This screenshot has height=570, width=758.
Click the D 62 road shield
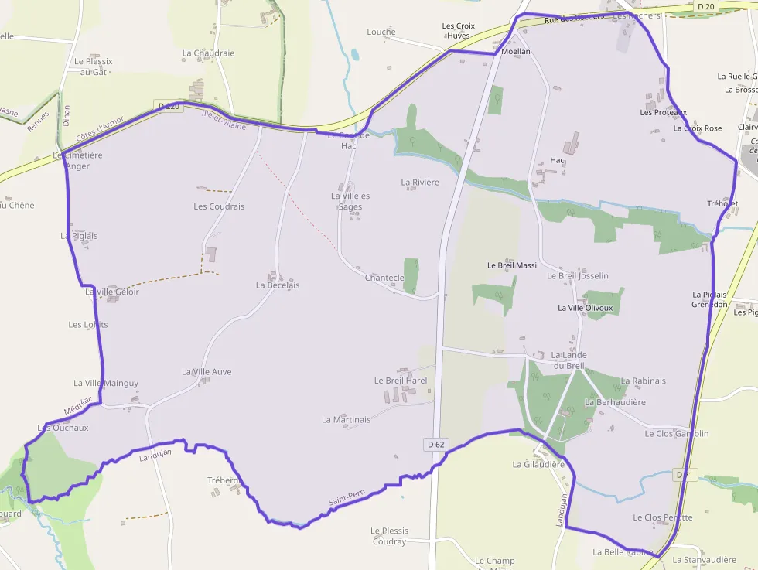pos(436,445)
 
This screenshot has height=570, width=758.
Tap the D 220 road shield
pos(169,106)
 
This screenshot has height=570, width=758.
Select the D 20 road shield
pos(705,7)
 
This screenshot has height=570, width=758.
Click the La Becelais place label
pos(278,285)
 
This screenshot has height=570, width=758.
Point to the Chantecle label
pos(384,278)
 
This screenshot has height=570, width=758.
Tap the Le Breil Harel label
pos(401,381)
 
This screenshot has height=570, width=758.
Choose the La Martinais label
pos(346,419)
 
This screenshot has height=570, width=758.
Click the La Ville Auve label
pos(207,372)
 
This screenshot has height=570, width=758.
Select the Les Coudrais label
pos(219,206)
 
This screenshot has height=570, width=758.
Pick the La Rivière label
pos(420,183)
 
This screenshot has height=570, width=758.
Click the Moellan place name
pos(516,52)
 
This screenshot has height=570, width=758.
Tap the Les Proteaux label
pos(663,112)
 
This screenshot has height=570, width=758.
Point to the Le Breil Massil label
pos(513,265)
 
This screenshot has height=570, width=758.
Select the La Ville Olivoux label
pos(585,308)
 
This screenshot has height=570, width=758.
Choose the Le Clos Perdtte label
pos(662,517)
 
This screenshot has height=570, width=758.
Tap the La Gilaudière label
pos(538,465)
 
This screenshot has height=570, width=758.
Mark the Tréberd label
pos(224,480)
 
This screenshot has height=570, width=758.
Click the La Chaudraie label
pos(208,53)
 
